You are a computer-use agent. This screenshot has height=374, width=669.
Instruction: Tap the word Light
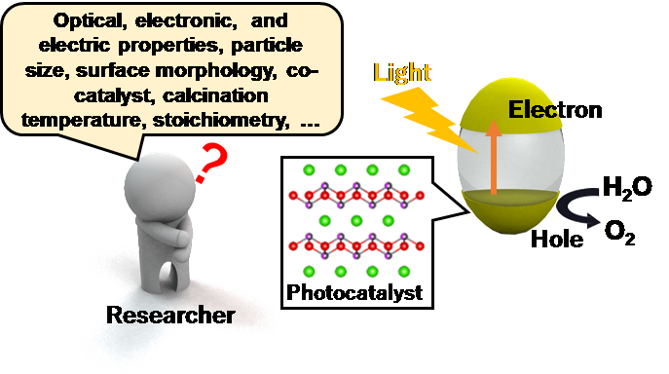point(400,72)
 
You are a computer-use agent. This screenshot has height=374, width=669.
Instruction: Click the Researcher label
point(170,315)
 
